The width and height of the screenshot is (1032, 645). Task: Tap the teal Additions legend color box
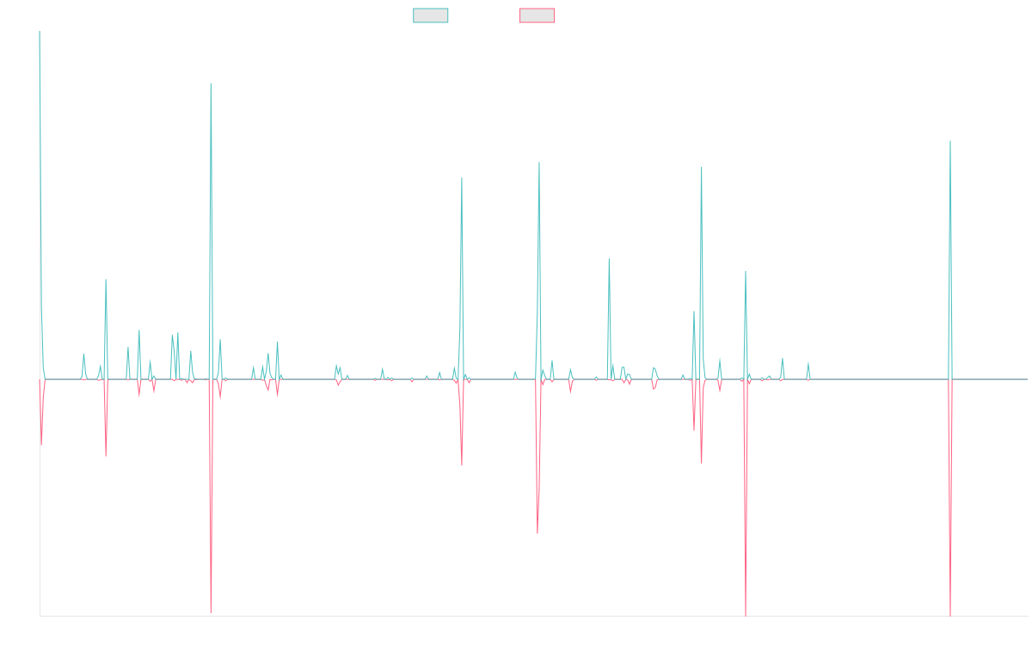(x=431, y=15)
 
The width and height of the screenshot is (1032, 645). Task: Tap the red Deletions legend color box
(x=537, y=15)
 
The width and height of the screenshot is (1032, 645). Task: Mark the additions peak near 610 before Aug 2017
(x=211, y=83)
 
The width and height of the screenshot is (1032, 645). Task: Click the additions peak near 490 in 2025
(x=949, y=141)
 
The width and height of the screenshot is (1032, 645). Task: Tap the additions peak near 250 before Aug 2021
(x=609, y=258)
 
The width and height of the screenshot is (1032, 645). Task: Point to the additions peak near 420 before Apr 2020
(x=462, y=178)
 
